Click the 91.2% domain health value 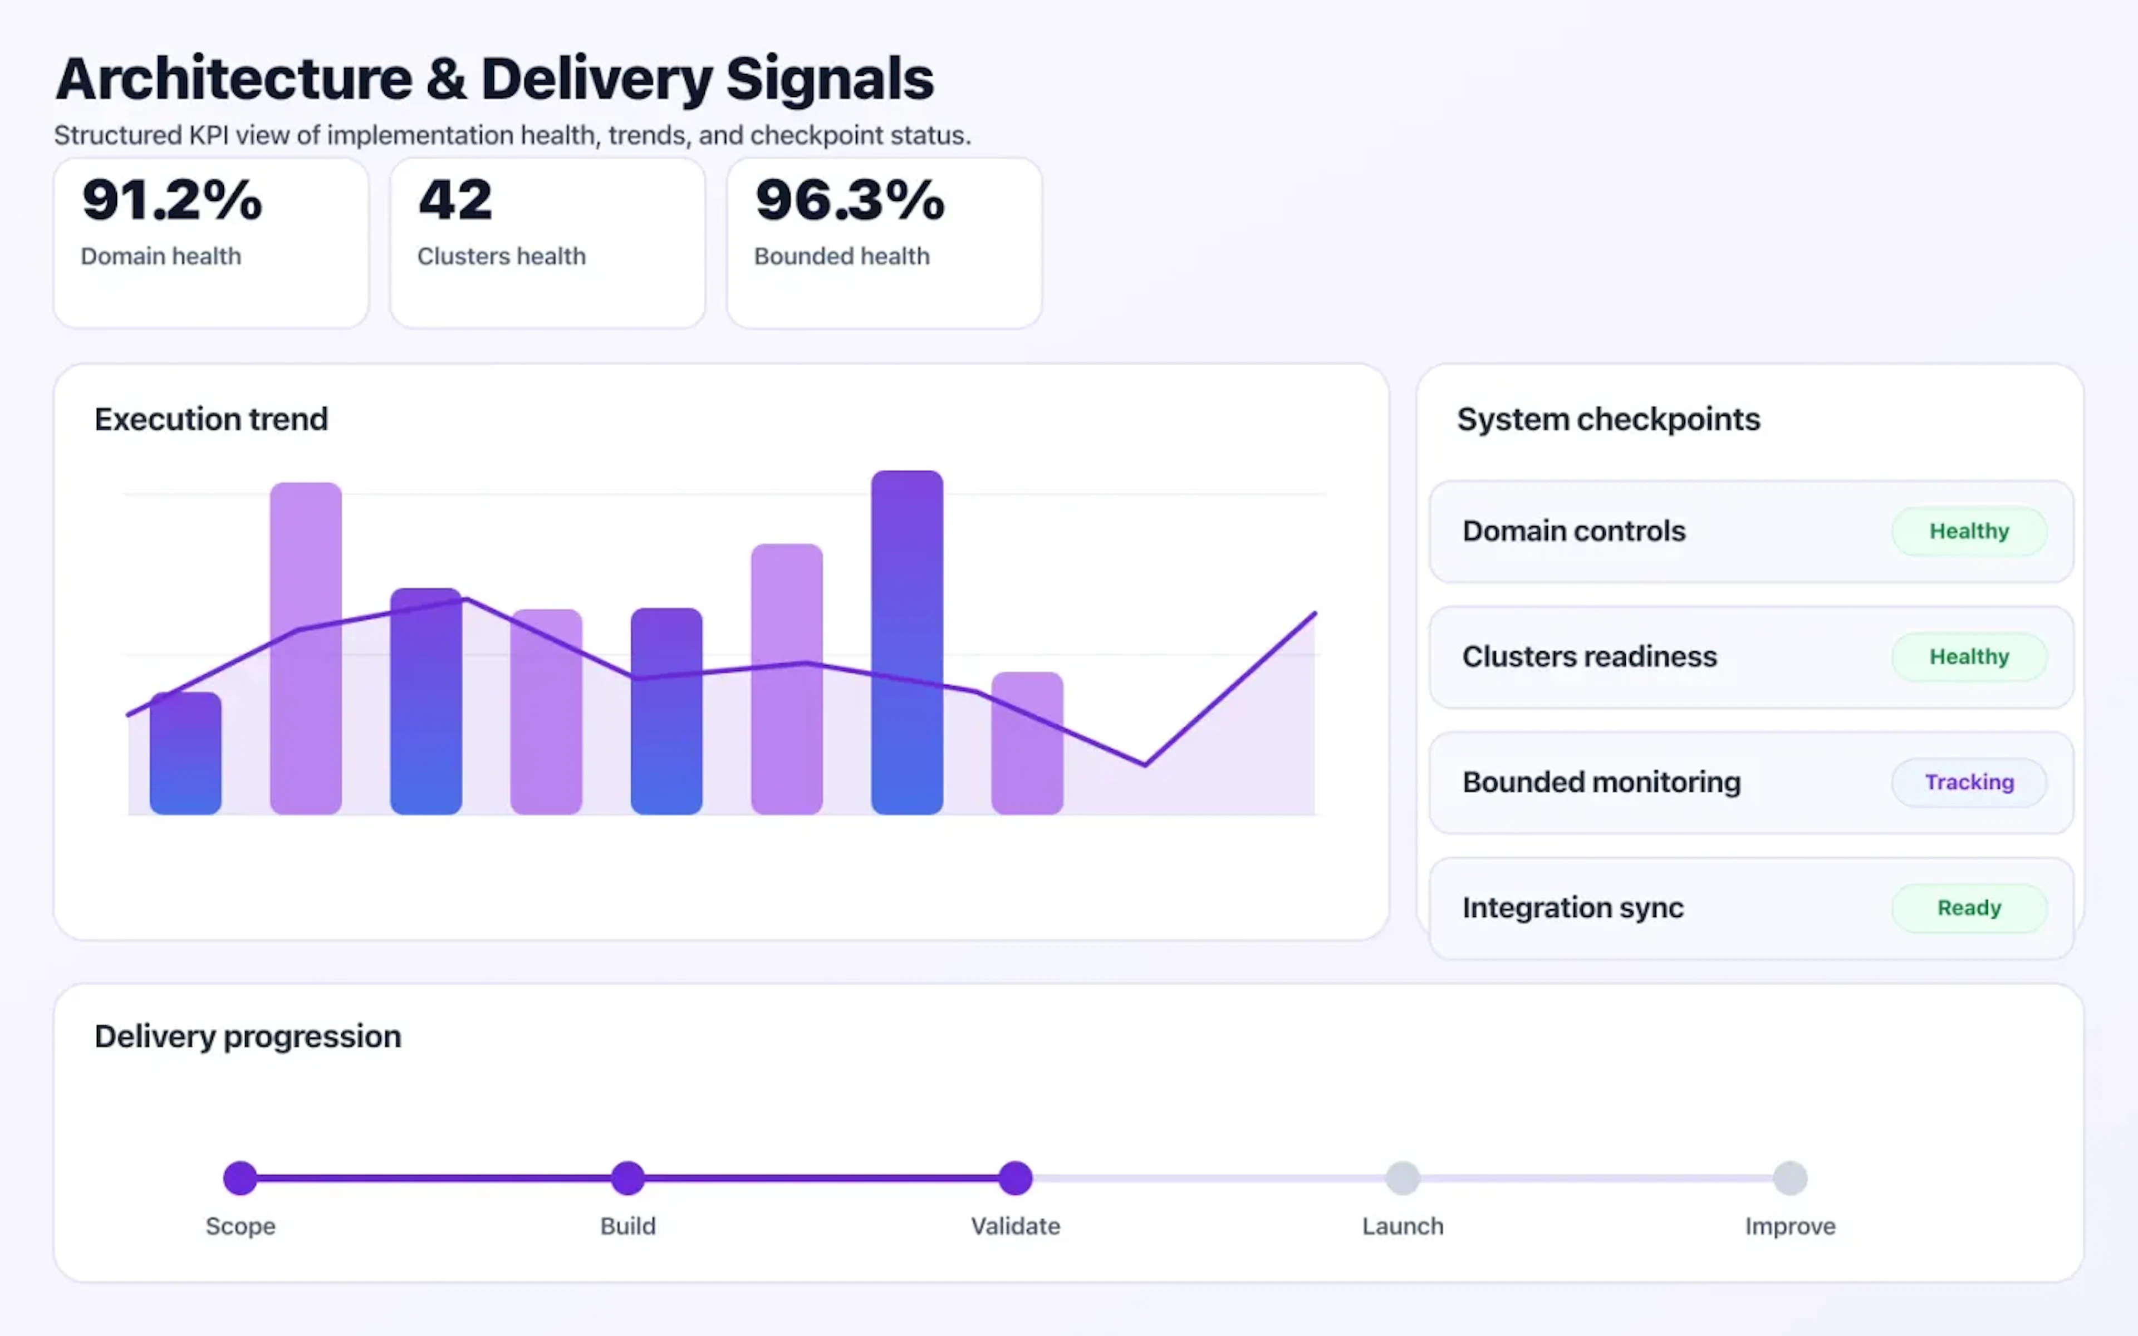click(172, 200)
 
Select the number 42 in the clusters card click(455, 200)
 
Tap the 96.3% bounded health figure click(850, 200)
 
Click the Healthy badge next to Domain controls click(1968, 531)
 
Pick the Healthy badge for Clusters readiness click(1968, 656)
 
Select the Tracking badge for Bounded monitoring click(1968, 782)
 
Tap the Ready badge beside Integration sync click(1968, 907)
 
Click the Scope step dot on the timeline click(241, 1178)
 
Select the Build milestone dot click(628, 1178)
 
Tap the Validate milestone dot click(1015, 1178)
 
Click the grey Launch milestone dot click(1402, 1178)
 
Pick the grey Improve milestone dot click(1790, 1178)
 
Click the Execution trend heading click(211, 419)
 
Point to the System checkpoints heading click(1608, 419)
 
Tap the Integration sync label click(1572, 907)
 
